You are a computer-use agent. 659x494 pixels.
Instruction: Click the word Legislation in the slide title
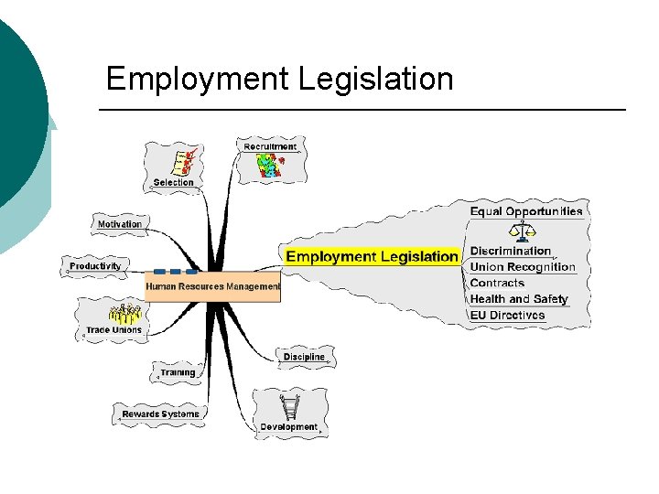pyautogui.click(x=375, y=79)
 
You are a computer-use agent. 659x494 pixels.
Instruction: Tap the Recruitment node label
pyautogui.click(x=270, y=146)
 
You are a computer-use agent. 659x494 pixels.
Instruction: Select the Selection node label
pyautogui.click(x=174, y=182)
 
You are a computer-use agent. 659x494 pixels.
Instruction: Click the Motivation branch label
pyautogui.click(x=120, y=224)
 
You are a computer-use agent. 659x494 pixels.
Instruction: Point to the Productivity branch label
pyautogui.click(x=95, y=266)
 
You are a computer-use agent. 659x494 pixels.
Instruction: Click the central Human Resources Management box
pyautogui.click(x=212, y=286)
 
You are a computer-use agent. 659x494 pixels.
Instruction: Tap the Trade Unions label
pyautogui.click(x=113, y=330)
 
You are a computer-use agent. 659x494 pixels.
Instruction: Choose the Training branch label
pyautogui.click(x=178, y=372)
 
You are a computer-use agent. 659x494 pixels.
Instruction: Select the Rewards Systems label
pyautogui.click(x=160, y=414)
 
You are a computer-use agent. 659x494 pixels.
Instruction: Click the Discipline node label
pyautogui.click(x=304, y=356)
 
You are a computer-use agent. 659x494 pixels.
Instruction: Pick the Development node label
pyautogui.click(x=288, y=426)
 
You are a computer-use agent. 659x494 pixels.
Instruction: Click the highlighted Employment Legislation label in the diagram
pyautogui.click(x=372, y=256)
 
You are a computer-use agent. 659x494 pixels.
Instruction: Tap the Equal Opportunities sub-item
pyautogui.click(x=526, y=211)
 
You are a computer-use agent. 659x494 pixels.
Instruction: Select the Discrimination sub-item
pyautogui.click(x=511, y=251)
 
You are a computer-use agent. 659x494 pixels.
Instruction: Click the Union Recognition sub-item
pyautogui.click(x=523, y=267)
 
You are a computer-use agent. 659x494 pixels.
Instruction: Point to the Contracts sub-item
pyautogui.click(x=497, y=284)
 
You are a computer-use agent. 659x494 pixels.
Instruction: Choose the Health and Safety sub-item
pyautogui.click(x=519, y=299)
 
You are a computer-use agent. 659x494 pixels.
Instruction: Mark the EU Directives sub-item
pyautogui.click(x=507, y=316)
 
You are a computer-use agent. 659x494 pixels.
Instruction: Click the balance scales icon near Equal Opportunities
pyautogui.click(x=523, y=230)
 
